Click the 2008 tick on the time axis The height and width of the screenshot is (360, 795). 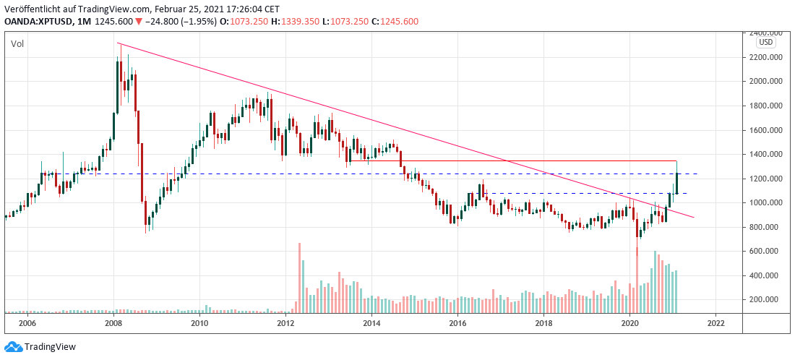tap(113, 323)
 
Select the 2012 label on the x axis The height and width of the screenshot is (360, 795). tap(285, 323)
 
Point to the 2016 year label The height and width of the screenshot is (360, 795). tap(457, 323)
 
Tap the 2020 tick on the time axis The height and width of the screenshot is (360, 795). tap(630, 323)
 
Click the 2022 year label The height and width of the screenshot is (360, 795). tap(715, 323)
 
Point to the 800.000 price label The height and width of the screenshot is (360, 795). tap(767, 227)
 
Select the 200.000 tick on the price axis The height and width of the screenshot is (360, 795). tap(767, 299)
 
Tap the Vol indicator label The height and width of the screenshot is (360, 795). tap(17, 45)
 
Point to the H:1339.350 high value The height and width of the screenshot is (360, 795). tap(293, 22)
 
